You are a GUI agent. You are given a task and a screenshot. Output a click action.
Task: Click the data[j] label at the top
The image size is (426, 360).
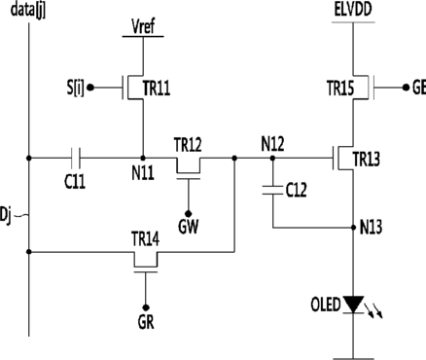(x=28, y=11)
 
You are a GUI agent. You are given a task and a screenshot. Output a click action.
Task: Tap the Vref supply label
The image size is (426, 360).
(x=143, y=26)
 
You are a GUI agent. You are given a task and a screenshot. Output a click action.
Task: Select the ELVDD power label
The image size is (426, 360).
(x=353, y=10)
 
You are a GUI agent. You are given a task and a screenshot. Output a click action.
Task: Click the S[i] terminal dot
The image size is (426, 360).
(x=91, y=88)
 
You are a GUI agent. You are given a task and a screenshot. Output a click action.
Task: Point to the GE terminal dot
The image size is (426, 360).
(x=406, y=88)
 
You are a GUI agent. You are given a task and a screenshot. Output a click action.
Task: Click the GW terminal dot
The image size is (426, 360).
(x=188, y=214)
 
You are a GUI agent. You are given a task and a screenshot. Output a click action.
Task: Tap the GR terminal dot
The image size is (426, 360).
(x=146, y=307)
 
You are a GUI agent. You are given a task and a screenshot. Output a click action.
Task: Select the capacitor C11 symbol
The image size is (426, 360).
(x=76, y=158)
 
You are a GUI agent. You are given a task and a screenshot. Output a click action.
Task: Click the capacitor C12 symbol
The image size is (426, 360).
(x=272, y=191)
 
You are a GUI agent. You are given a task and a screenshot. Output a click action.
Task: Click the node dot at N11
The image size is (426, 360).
(x=143, y=158)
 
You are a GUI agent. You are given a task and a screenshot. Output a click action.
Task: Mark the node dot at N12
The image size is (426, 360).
(x=272, y=158)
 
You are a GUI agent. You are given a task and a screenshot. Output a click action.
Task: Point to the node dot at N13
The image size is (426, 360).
(x=353, y=228)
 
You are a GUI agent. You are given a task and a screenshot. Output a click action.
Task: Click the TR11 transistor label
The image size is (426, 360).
(x=157, y=88)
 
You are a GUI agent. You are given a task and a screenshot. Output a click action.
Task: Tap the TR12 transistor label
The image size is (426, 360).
(x=188, y=145)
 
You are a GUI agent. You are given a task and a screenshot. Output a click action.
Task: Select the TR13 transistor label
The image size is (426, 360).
(x=366, y=160)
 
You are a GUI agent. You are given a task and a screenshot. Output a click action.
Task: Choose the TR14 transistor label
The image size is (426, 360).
(x=145, y=239)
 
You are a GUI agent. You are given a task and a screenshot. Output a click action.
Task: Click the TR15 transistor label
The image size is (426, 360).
(x=340, y=89)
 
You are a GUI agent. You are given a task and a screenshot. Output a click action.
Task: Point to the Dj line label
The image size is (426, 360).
(x=6, y=216)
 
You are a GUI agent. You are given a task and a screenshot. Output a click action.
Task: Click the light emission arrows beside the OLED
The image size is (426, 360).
(x=373, y=310)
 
